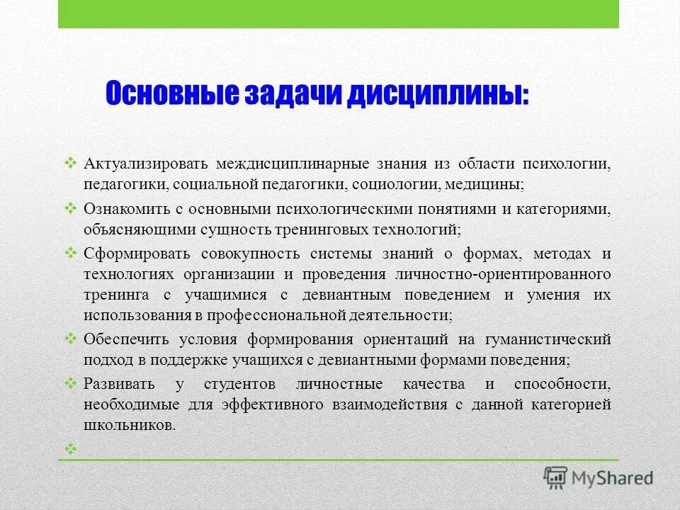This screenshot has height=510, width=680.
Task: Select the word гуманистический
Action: pos(550,339)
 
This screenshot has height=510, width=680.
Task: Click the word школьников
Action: pos(127,426)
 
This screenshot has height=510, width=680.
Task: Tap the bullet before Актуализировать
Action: pos(71,163)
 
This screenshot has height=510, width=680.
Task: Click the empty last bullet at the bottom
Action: pos(71,448)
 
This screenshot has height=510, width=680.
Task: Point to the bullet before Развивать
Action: pos(71,383)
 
